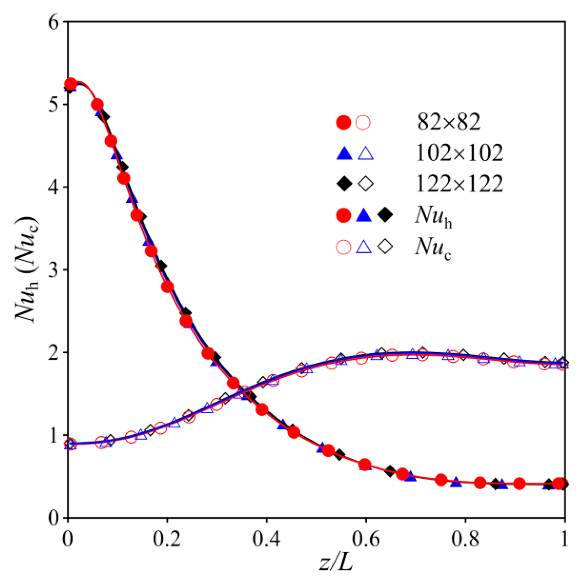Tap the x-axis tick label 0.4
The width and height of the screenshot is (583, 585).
(267, 539)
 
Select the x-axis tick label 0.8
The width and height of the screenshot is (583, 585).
(465, 539)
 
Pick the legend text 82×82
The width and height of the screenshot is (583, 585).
(449, 122)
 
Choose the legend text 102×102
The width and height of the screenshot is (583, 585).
(460, 153)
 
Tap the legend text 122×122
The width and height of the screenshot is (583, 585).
(460, 184)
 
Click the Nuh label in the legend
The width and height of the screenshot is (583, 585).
(433, 216)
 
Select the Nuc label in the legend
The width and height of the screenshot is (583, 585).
(432, 247)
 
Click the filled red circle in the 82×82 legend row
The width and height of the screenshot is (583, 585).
(343, 123)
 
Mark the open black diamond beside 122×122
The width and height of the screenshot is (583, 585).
(366, 184)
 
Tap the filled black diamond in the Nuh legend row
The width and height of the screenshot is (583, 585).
(385, 215)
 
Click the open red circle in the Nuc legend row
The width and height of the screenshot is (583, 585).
(343, 247)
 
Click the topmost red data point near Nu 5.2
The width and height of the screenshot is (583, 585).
(71, 84)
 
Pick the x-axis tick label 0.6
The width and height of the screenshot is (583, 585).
(366, 539)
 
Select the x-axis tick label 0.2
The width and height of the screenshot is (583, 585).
(167, 539)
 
